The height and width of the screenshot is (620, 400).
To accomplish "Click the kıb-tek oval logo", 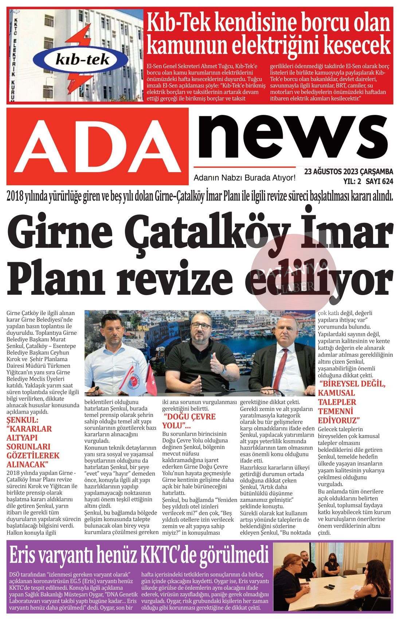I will (83, 59).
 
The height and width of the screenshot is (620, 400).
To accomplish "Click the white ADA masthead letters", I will (97, 146).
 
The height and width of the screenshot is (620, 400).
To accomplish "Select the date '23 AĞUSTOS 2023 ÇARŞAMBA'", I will (348, 171).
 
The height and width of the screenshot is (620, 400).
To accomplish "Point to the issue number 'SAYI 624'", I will (379, 181).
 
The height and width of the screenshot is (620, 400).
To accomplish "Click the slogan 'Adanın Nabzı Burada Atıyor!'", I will (244, 178).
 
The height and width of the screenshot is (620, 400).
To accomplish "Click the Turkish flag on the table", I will (151, 380).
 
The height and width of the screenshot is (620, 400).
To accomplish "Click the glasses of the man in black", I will (201, 326).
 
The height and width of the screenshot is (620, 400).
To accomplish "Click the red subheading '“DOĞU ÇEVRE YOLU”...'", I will (189, 421).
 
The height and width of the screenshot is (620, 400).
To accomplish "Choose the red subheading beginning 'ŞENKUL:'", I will (33, 442).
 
